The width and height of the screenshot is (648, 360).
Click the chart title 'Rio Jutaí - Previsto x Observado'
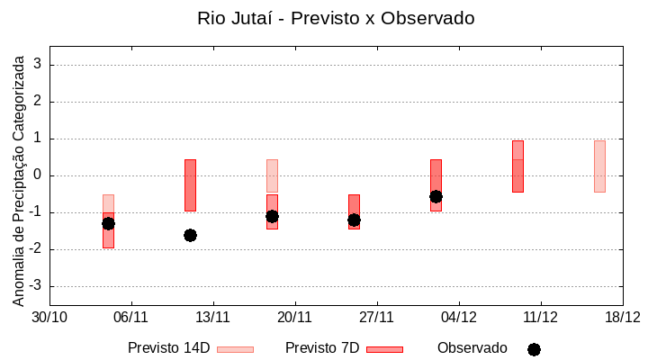click(336, 18)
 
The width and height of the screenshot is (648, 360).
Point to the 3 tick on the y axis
click(39, 65)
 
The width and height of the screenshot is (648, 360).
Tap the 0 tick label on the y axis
click(39, 175)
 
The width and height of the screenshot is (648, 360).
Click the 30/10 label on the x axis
click(49, 317)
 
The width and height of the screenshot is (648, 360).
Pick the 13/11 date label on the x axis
click(213, 317)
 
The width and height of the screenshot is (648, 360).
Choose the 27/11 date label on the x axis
click(377, 317)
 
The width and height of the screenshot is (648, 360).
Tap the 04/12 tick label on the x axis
click(459, 317)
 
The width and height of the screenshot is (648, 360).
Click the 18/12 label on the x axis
click(622, 317)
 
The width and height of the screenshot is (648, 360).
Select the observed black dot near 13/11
click(190, 235)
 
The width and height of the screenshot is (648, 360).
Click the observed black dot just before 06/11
click(108, 223)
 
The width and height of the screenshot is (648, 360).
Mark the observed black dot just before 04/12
click(436, 196)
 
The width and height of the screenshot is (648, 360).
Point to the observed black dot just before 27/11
click(354, 220)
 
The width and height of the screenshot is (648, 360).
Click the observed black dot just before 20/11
click(272, 216)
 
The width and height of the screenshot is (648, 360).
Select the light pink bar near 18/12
click(599, 166)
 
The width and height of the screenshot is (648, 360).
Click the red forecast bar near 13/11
click(190, 185)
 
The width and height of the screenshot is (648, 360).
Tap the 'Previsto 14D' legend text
click(168, 348)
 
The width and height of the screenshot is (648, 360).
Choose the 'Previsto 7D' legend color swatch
click(384, 349)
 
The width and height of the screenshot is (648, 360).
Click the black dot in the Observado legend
click(534, 349)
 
